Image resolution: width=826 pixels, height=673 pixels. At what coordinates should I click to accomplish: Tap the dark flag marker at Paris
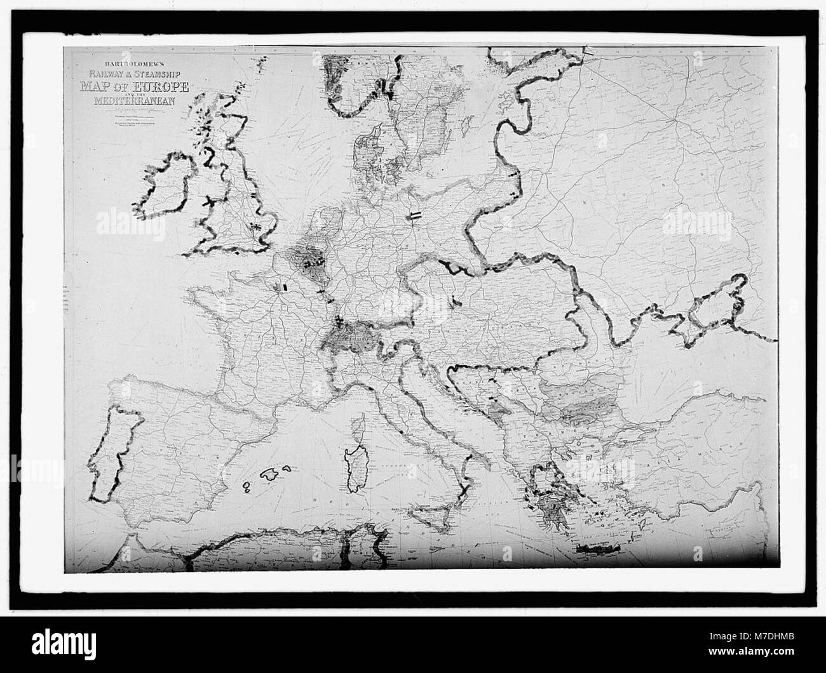284,287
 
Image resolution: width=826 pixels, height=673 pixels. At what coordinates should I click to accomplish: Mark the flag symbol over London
255,225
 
